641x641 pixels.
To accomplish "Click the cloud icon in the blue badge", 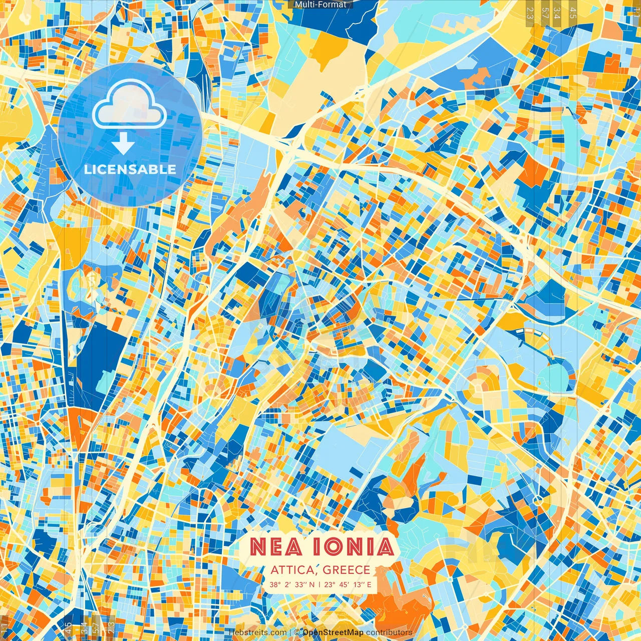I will (x=129, y=104).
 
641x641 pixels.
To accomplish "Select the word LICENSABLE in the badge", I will (x=130, y=169).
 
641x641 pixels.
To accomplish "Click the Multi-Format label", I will (x=320, y=5).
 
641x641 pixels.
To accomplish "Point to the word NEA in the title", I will (x=275, y=547).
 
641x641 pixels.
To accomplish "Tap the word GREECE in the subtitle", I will (x=347, y=570).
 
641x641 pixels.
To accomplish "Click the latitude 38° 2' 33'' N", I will (x=292, y=584).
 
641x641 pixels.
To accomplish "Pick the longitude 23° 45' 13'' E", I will (x=348, y=584).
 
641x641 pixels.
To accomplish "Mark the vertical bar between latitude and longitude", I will (x=319, y=584).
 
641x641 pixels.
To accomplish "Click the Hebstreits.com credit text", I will (x=258, y=632).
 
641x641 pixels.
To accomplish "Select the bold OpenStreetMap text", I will (x=333, y=632).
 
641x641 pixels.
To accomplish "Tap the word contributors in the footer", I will (x=389, y=632).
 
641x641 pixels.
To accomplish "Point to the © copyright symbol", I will (x=296, y=632).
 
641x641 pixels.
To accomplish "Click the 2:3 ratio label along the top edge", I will (x=530, y=13).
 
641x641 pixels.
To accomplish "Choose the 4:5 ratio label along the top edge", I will (x=573, y=13).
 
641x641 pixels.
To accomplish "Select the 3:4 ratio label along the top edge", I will (x=557, y=13).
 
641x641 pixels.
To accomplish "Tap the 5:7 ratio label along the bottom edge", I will (x=95, y=628).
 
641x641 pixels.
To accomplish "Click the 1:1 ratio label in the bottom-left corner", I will (x=5, y=629).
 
